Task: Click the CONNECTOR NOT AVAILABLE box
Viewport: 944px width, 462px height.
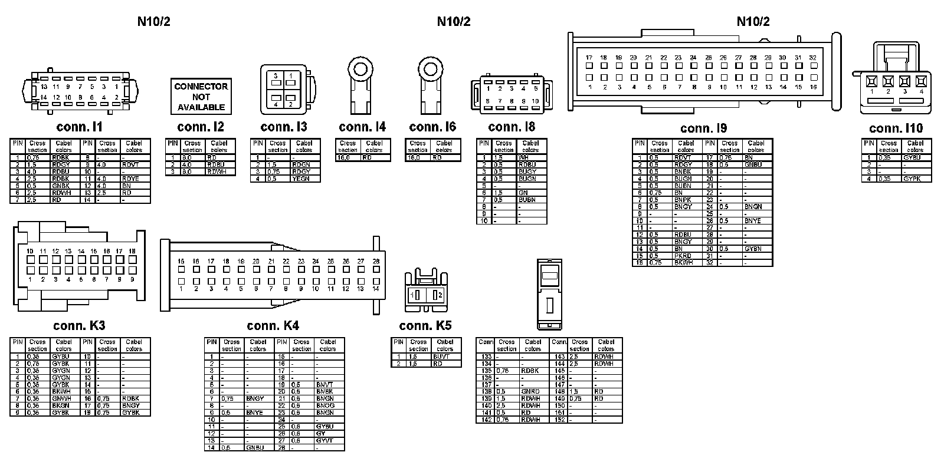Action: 201,96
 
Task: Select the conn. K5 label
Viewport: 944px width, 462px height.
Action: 425,326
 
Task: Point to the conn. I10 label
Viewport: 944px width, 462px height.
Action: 896,128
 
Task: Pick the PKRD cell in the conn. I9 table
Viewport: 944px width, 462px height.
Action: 683,256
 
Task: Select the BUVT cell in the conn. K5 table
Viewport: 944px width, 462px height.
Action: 442,357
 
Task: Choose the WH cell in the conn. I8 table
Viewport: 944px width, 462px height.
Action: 523,157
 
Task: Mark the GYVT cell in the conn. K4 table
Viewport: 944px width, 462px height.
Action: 325,441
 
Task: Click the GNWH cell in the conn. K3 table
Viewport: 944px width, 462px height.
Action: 61,398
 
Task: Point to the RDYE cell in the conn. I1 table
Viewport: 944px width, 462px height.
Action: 131,179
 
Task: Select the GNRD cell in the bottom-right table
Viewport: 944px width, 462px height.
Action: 530,391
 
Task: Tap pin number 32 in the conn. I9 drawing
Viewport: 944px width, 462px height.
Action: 812,58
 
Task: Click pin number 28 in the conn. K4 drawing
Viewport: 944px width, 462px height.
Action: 376,261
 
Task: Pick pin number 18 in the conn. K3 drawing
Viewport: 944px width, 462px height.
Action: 132,252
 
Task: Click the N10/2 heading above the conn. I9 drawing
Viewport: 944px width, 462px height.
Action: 753,22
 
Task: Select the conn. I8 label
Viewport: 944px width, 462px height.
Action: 512,127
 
